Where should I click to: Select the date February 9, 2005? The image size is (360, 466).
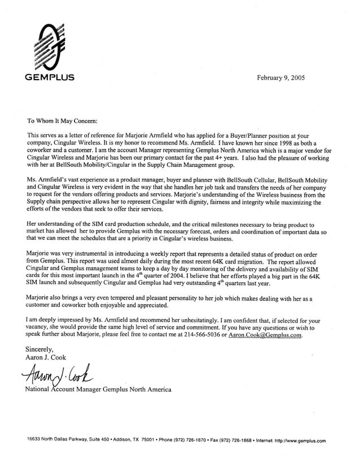pos(280,78)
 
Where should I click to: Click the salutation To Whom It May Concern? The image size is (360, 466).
pos(63,121)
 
